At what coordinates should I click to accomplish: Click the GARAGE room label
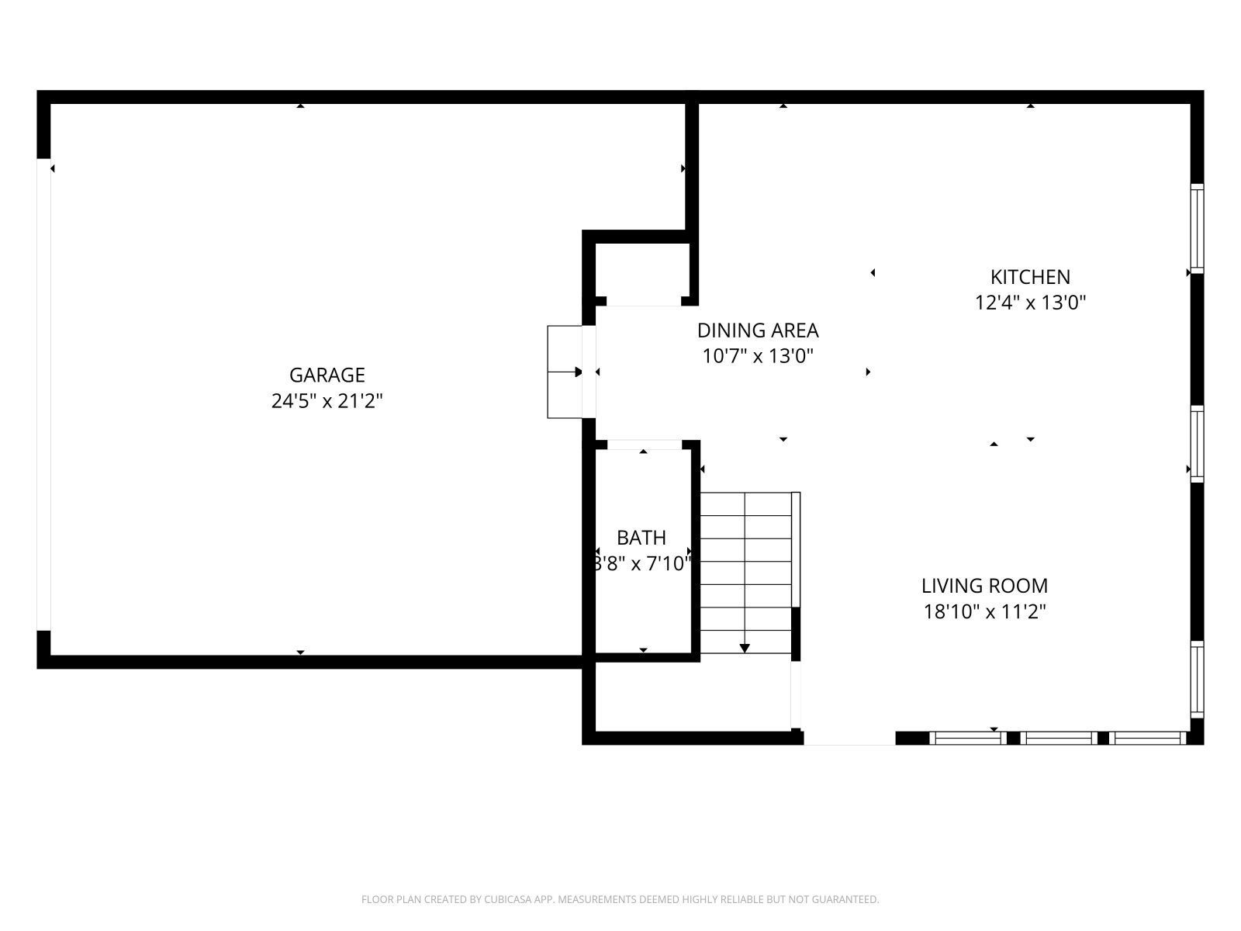point(327,375)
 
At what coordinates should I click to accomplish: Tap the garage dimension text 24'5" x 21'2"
point(327,401)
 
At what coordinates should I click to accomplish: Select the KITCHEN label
point(1030,277)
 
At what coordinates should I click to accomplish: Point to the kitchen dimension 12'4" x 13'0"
point(1030,303)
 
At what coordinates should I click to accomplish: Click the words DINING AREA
point(758,331)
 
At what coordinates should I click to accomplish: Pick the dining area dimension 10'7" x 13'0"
point(758,356)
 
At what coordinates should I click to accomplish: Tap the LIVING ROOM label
point(984,586)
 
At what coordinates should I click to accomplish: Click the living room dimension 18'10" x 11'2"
point(984,611)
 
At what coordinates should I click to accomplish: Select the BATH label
point(641,538)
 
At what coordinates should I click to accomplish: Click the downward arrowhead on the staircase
point(745,649)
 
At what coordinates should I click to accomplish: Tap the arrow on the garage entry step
point(565,372)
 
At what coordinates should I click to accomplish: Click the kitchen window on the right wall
point(1197,228)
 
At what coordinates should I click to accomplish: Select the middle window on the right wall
point(1197,444)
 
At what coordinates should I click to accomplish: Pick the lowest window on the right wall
point(1197,680)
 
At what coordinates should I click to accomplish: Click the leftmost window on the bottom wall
point(968,738)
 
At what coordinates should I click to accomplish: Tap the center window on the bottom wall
point(1059,738)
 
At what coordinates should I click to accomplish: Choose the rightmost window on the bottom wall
point(1147,738)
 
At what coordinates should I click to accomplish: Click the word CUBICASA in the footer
point(506,899)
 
